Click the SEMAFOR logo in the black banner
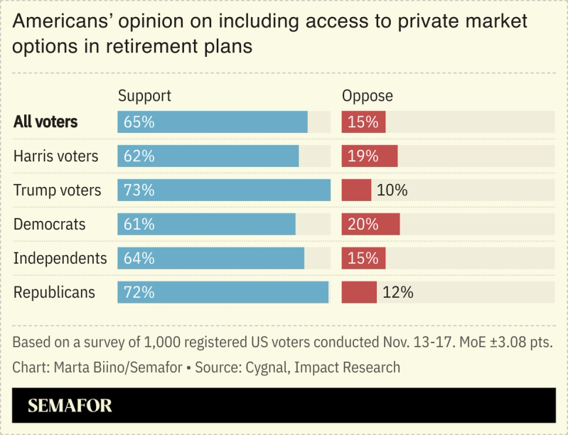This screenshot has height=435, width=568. (70, 406)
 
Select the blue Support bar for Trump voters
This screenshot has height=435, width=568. (224, 190)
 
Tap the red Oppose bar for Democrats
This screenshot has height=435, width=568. (370, 225)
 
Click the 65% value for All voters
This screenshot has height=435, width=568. (139, 122)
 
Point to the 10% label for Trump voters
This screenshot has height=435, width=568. (392, 190)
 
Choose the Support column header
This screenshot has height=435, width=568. (144, 96)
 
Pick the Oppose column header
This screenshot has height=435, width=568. (368, 96)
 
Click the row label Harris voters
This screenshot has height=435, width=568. (56, 156)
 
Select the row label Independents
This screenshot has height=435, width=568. (60, 258)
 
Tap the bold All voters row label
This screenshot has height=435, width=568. (45, 122)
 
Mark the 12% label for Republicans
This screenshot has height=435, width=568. (398, 292)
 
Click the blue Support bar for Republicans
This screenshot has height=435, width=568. (223, 292)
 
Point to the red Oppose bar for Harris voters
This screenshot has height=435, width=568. (370, 156)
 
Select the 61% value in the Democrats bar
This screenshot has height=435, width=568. (139, 225)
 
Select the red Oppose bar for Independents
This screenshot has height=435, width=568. (363, 258)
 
